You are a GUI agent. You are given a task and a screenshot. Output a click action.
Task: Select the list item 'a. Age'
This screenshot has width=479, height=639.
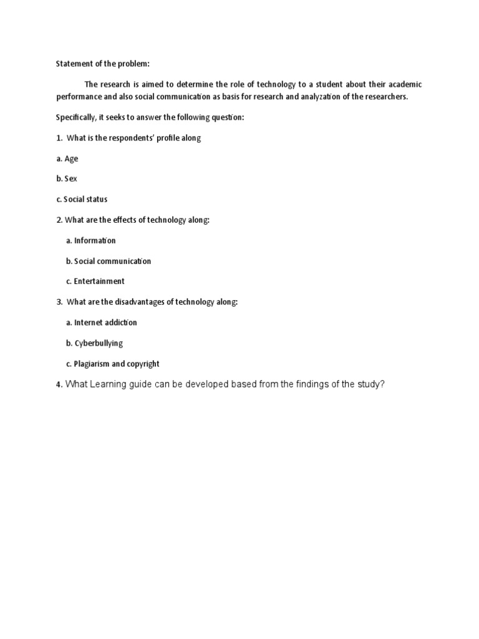coord(67,159)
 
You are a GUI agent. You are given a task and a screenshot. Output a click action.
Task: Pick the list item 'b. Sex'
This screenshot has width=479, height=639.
coord(66,179)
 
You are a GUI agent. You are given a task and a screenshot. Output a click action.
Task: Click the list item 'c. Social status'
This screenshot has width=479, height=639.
coord(82,200)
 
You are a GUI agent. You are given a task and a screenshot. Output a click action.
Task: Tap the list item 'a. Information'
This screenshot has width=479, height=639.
coord(90,240)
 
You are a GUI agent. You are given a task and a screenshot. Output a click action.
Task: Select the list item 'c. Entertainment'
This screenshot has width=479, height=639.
coord(95,281)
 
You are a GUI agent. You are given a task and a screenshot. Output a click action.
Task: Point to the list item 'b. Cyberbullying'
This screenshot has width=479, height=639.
coord(94,343)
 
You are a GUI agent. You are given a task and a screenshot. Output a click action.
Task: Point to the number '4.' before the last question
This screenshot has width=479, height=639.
coord(59,385)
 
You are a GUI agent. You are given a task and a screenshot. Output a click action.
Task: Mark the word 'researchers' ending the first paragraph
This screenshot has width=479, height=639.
coord(384,97)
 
